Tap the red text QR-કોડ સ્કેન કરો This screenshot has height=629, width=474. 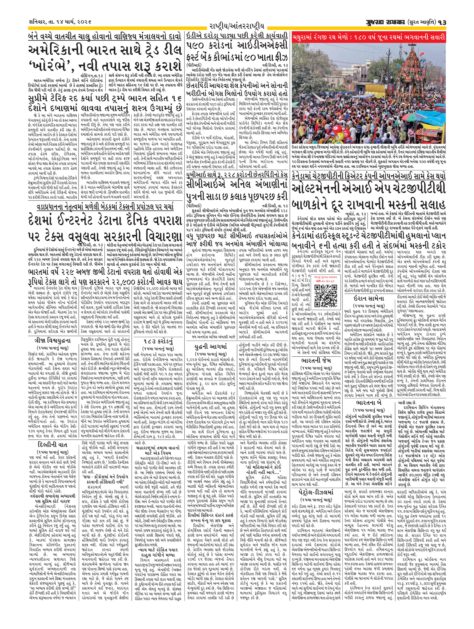pos(326,280)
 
